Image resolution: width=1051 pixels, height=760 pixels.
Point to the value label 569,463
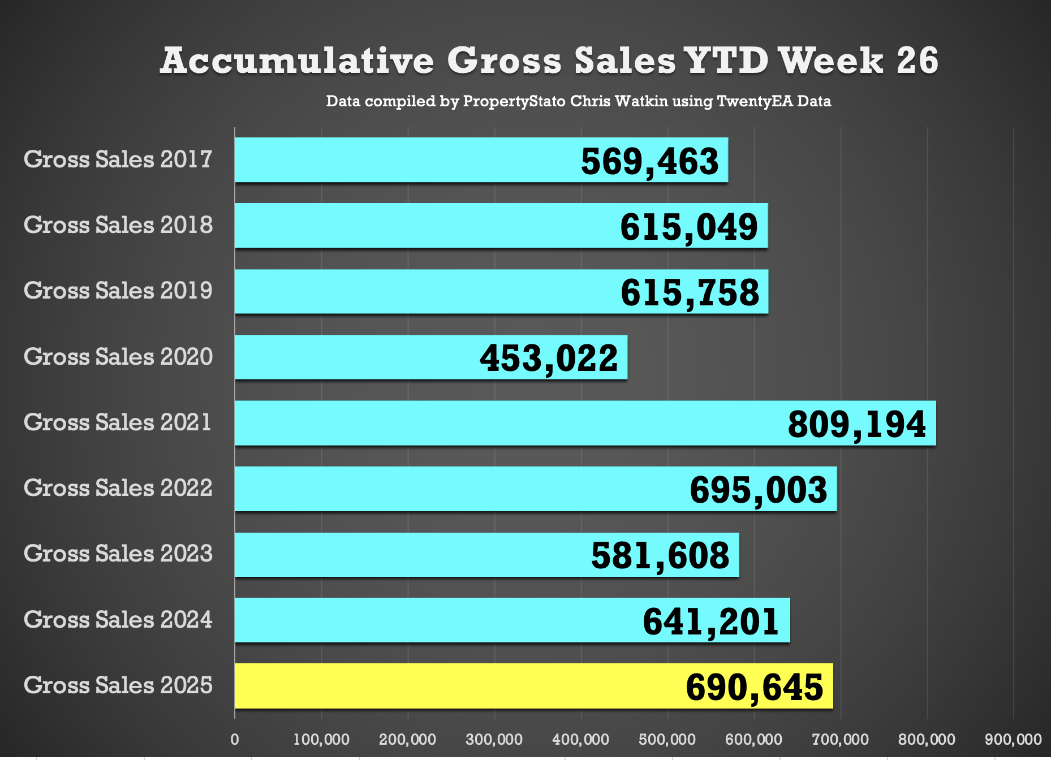click(649, 161)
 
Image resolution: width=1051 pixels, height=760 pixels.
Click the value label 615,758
click(690, 293)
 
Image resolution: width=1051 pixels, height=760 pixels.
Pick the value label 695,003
click(759, 490)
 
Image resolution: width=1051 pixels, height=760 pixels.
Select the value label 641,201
click(711, 621)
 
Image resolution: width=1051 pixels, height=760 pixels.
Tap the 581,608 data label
click(660, 555)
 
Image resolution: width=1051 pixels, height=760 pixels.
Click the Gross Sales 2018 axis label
click(118, 225)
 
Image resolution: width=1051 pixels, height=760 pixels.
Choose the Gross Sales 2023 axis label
click(118, 554)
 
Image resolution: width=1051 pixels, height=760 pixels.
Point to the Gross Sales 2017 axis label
click(118, 159)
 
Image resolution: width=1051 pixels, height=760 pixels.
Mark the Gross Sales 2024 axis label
click(118, 620)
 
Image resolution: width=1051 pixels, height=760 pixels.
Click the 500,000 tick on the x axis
click(667, 739)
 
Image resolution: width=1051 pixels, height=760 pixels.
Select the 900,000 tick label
click(1013, 739)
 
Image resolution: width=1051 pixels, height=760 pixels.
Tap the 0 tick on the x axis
click(235, 739)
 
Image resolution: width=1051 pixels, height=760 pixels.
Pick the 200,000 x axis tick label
click(408, 739)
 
